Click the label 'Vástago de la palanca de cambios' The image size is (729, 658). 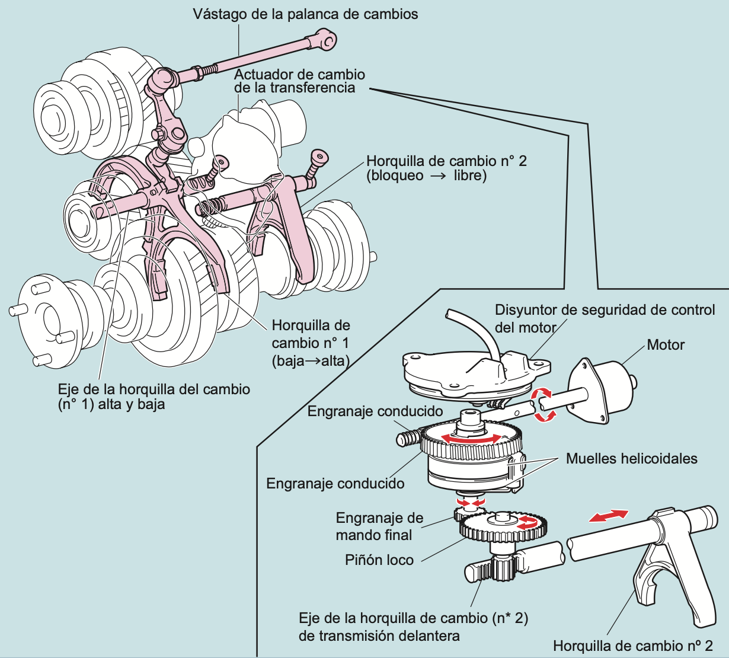pos(305,14)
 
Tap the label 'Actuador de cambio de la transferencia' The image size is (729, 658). pos(299,81)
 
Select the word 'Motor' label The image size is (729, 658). pos(666,344)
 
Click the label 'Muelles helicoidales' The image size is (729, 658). pos(631,458)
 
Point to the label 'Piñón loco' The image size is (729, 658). pos(379,560)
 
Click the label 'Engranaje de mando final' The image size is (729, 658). pos(379,526)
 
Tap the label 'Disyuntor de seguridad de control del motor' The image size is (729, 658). pos(605,318)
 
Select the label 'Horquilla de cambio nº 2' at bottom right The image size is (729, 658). pos(632,646)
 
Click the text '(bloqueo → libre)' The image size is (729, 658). pos(426,176)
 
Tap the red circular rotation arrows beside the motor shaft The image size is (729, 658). pos(543,405)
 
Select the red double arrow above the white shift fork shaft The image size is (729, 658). pos(609,516)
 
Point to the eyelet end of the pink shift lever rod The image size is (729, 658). pos(327,40)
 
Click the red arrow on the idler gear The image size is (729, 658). pos(527,522)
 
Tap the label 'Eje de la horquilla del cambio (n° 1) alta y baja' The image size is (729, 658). pos(154,397)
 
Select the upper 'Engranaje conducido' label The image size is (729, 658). pos(375,411)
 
